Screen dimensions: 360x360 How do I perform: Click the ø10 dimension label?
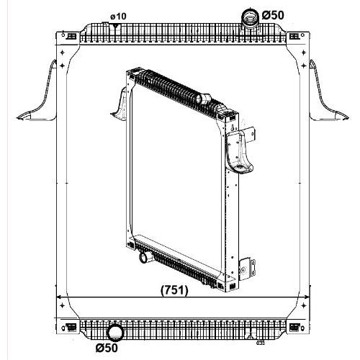(x=118, y=17)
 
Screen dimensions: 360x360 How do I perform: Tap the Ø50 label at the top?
(x=273, y=15)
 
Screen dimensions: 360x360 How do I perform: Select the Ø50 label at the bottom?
(x=107, y=348)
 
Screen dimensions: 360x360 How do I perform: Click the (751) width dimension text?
(x=174, y=290)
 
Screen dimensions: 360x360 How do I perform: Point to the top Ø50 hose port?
(x=250, y=19)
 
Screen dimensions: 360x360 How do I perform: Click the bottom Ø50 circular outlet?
(x=114, y=333)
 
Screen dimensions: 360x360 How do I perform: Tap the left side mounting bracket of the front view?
(x=37, y=96)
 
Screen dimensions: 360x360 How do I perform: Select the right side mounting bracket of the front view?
(x=328, y=96)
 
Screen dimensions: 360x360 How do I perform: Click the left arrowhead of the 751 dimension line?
(x=58, y=297)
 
